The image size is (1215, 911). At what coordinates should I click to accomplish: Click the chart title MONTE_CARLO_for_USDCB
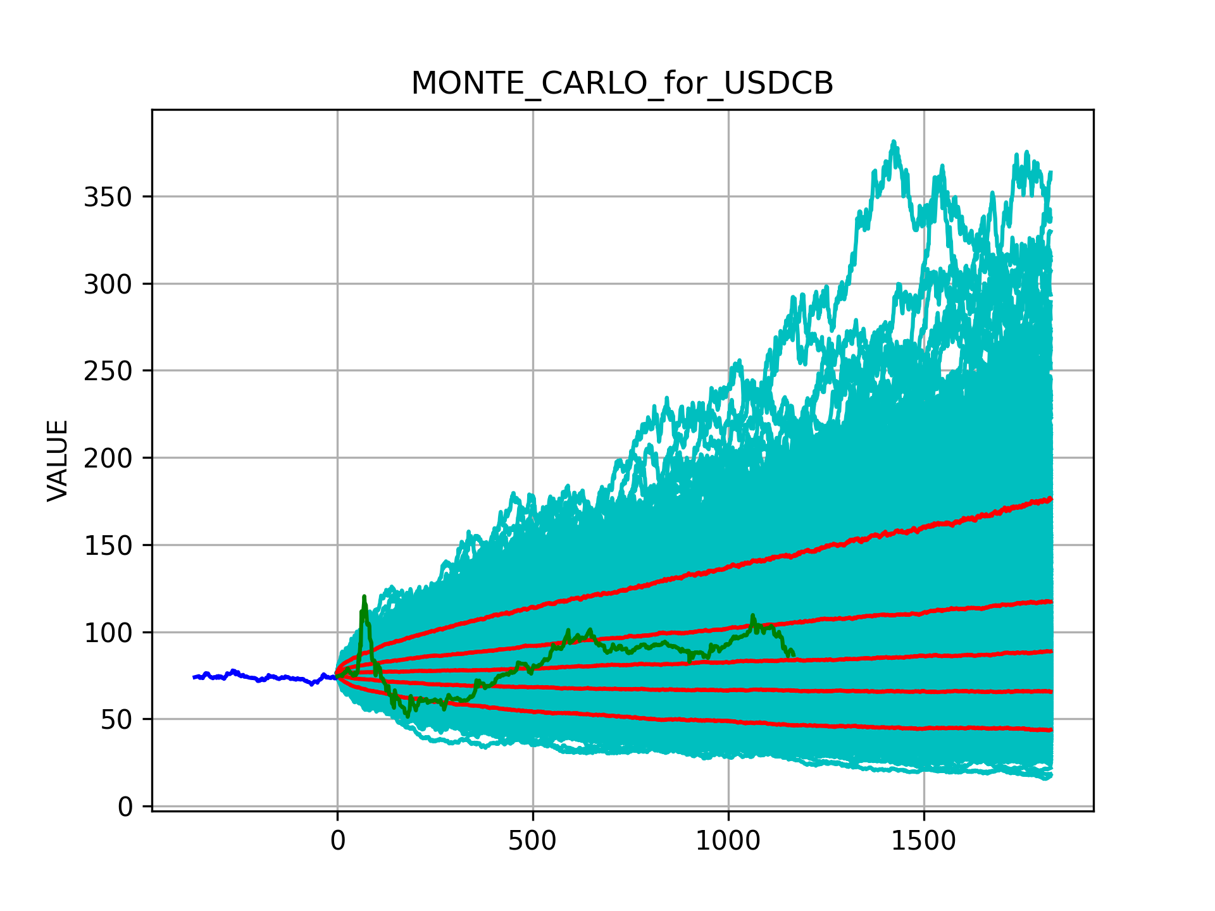622,84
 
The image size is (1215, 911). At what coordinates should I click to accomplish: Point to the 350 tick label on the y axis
108,197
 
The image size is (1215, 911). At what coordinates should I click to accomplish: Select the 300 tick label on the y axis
108,285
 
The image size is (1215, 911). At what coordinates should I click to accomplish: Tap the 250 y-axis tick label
108,371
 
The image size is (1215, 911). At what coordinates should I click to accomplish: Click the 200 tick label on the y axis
108,459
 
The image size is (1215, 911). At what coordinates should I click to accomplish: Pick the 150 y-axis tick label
108,546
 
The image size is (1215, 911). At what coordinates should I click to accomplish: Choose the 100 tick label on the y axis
108,633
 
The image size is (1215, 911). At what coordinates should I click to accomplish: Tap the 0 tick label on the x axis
337,841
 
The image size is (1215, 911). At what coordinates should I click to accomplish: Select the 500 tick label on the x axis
532,841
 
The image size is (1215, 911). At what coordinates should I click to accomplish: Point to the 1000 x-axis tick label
728,841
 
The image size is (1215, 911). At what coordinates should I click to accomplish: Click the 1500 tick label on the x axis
923,841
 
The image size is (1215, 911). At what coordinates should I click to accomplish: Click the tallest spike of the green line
364,597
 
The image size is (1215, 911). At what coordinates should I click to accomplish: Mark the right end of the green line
794,655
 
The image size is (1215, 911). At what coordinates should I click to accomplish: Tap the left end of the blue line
194,677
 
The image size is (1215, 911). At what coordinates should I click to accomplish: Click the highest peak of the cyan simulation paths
894,142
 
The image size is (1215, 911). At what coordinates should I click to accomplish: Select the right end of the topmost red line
1051,499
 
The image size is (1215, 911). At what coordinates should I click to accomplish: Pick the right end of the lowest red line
1051,730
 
